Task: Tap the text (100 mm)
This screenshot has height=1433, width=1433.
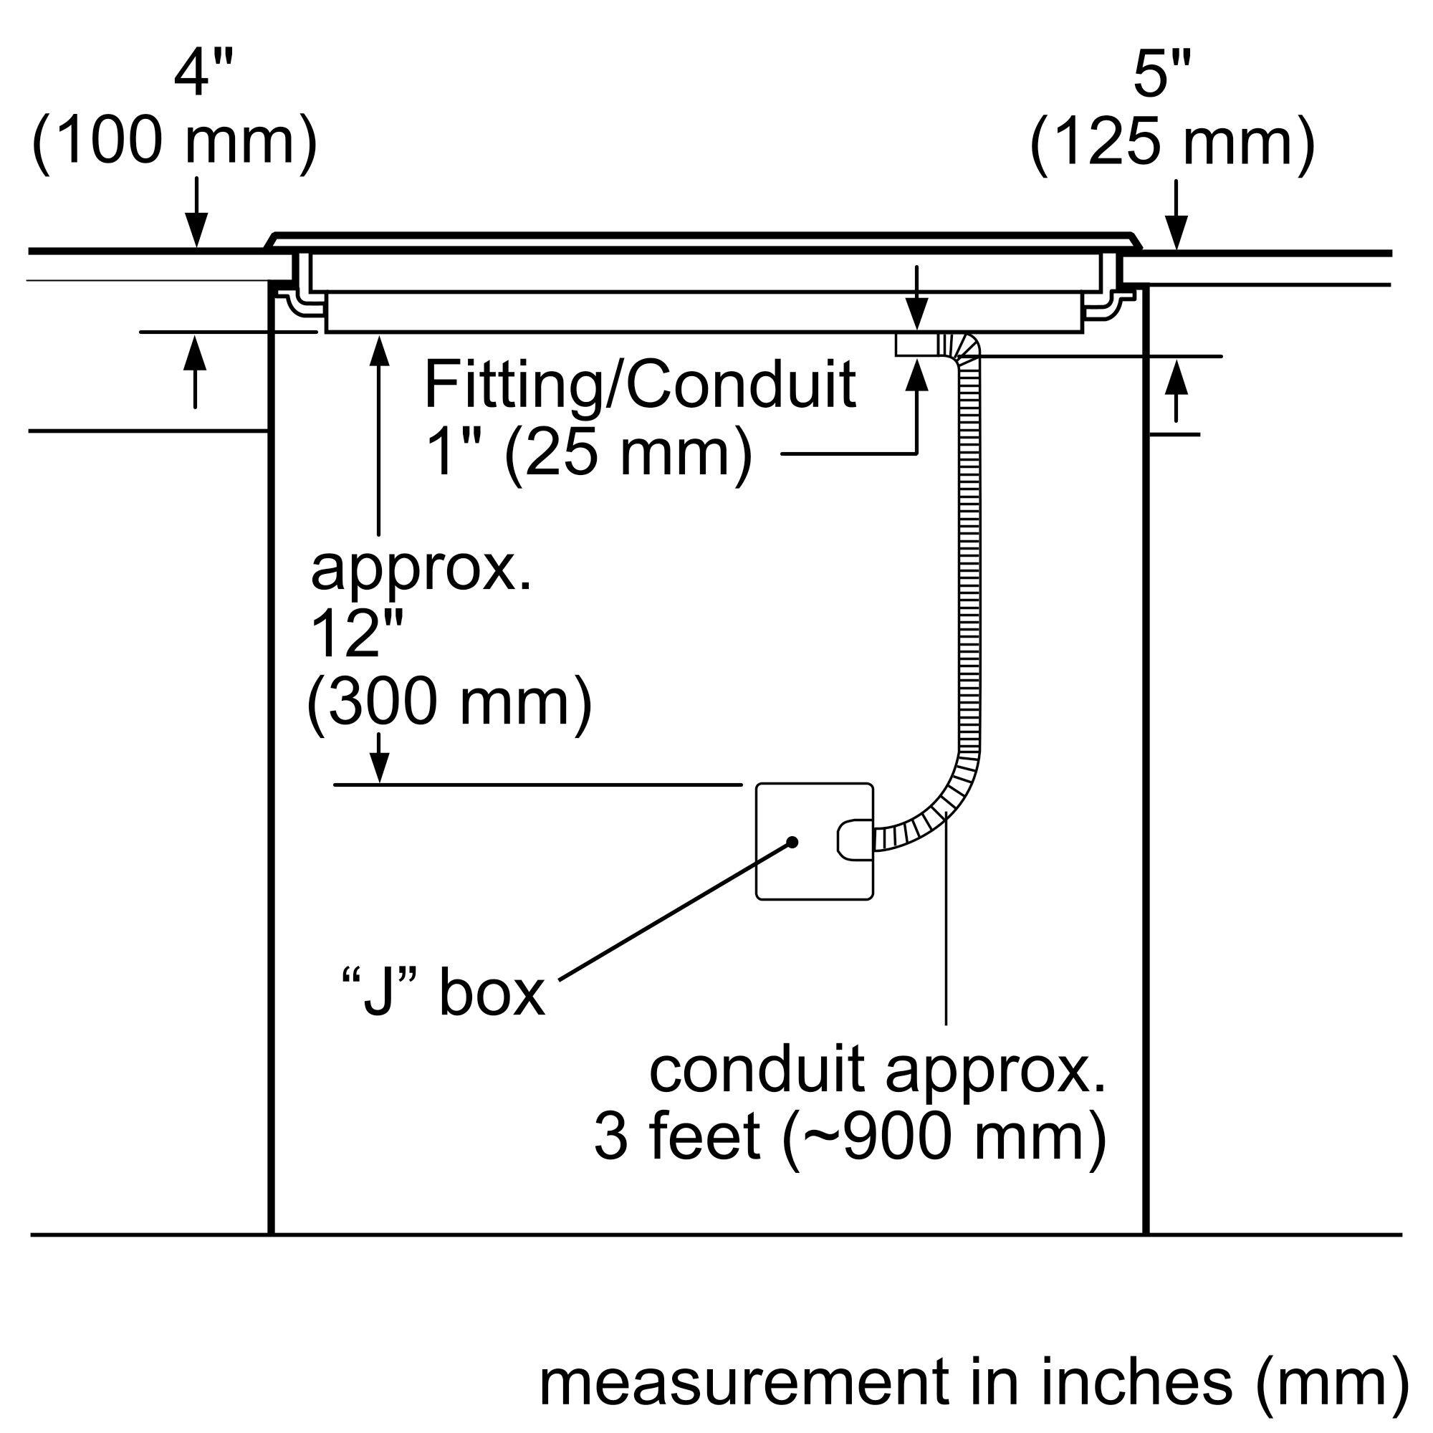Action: click(x=175, y=143)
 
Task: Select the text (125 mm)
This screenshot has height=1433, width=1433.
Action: click(x=1173, y=143)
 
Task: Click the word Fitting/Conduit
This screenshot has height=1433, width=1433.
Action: click(x=639, y=385)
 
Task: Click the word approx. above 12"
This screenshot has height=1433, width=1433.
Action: click(x=421, y=570)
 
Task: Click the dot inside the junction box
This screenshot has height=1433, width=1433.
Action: click(x=793, y=842)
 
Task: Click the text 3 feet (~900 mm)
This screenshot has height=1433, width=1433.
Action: click(x=850, y=1136)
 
